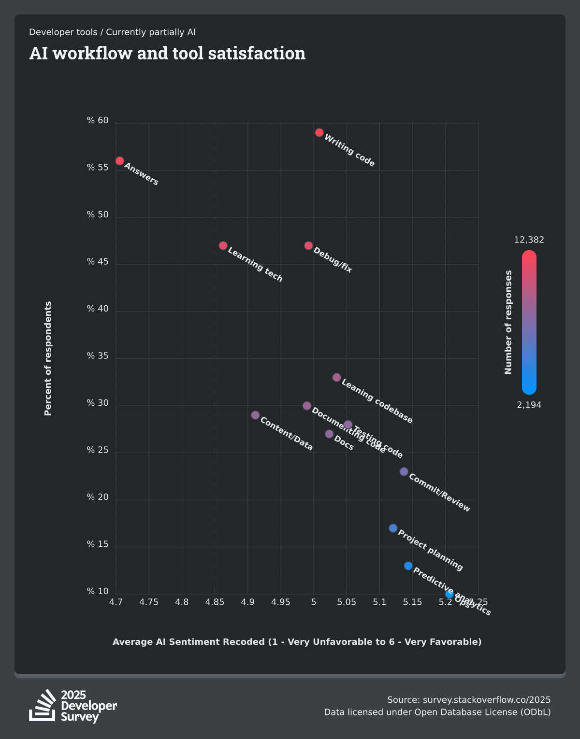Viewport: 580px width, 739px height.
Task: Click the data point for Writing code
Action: [x=319, y=132]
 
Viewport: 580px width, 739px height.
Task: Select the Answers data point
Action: [x=120, y=161]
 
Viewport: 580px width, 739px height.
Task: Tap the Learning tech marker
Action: [x=223, y=245]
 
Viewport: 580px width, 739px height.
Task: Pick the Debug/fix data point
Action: [x=309, y=245]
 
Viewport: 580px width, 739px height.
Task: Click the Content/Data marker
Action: [x=256, y=415]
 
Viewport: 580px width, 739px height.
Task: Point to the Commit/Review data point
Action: [x=404, y=471]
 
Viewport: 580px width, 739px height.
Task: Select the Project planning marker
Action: [x=393, y=528]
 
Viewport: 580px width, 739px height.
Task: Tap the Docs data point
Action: [x=330, y=434]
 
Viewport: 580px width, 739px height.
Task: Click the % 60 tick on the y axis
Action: [x=98, y=120]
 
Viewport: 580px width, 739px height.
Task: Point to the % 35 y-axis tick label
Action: [x=98, y=356]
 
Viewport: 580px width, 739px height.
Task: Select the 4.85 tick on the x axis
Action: [x=215, y=602]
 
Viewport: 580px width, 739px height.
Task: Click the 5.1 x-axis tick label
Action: [x=379, y=602]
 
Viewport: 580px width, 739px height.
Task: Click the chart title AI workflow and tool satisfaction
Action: [x=167, y=53]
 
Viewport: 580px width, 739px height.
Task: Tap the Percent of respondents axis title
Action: [x=48, y=358]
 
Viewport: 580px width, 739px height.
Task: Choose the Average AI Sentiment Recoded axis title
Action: [x=297, y=642]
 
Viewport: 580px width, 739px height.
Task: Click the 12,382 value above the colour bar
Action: [x=529, y=240]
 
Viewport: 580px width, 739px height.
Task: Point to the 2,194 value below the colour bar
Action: [x=529, y=405]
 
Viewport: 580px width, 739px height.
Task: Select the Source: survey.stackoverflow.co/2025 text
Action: [x=469, y=700]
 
